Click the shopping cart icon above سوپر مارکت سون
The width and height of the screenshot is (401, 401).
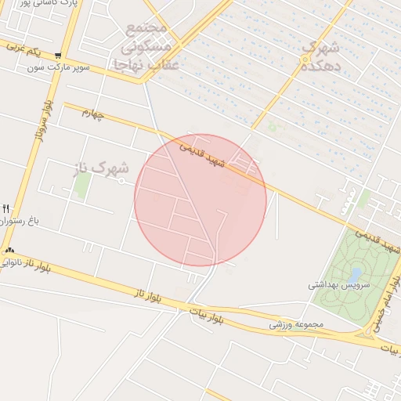(x=59, y=56)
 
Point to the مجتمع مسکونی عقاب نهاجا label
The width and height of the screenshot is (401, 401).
(x=147, y=46)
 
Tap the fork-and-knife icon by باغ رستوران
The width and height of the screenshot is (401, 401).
(x=5, y=208)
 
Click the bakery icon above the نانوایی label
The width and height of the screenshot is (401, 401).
(x=9, y=251)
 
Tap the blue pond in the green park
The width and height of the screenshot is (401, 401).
(x=356, y=275)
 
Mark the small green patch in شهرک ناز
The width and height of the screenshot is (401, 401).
(x=81, y=183)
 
